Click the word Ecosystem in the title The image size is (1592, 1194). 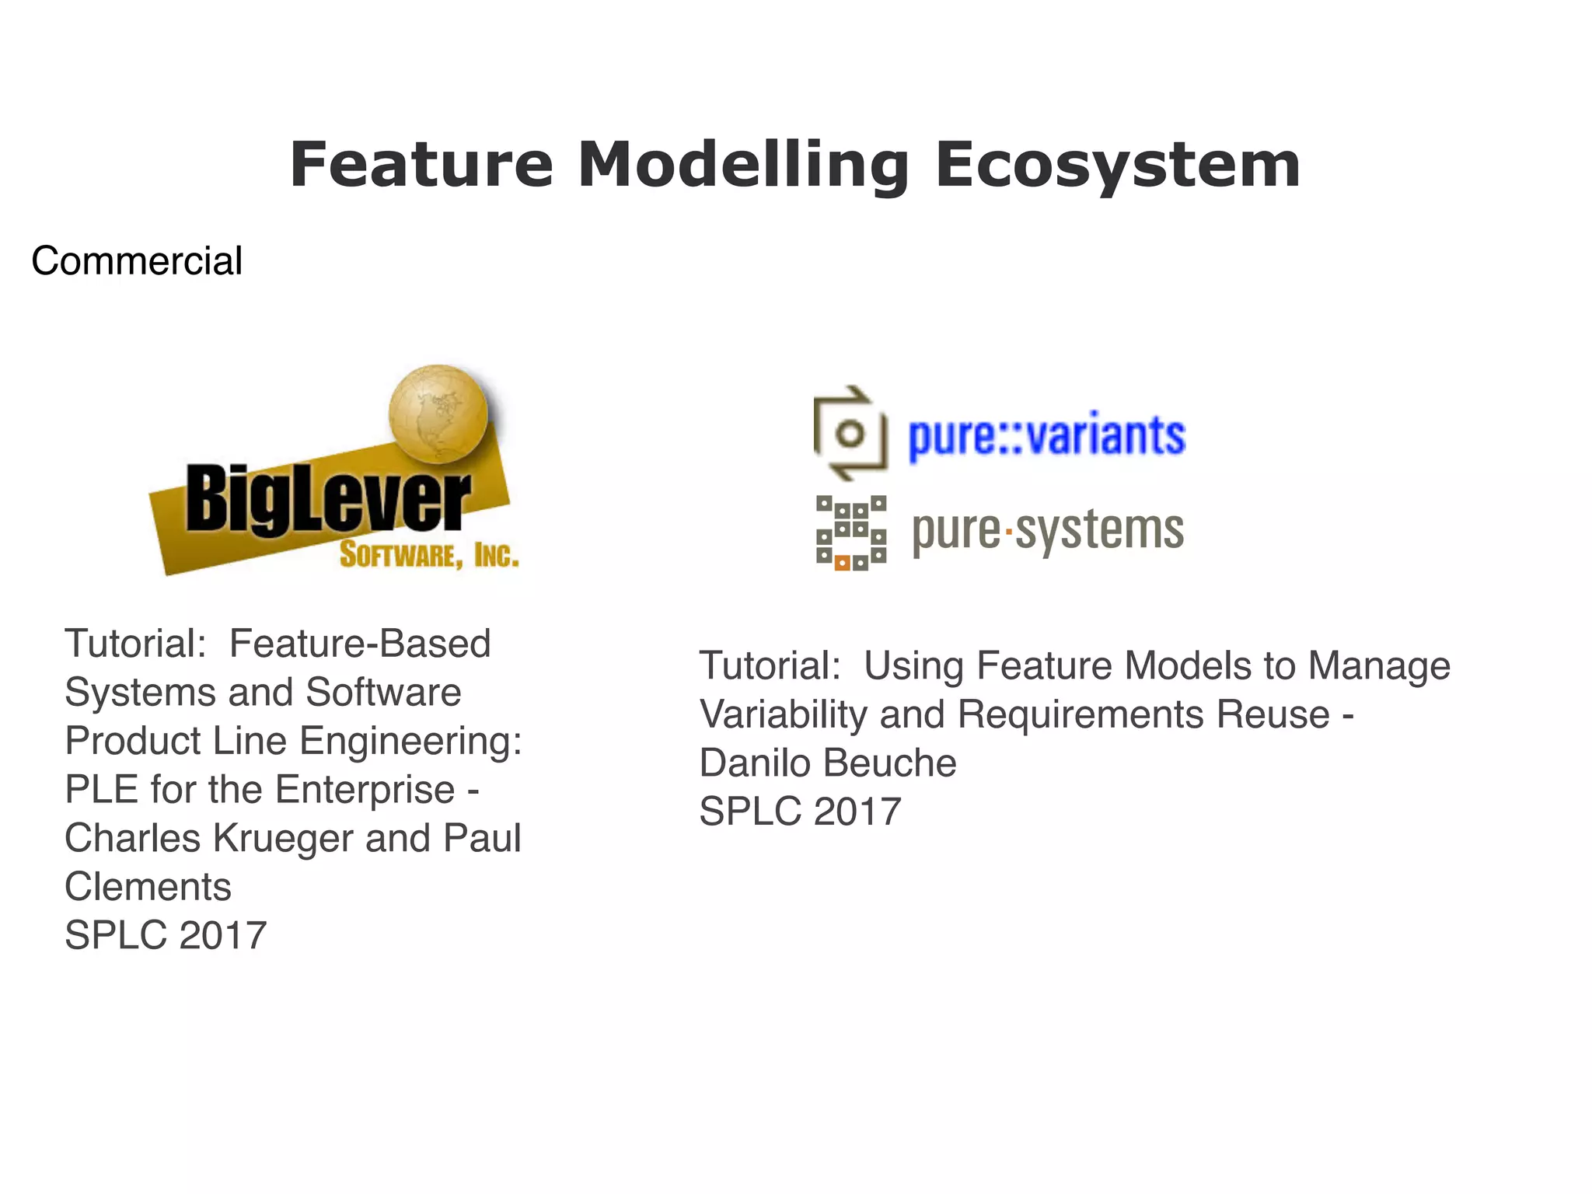point(1117,165)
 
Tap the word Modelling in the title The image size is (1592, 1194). point(742,165)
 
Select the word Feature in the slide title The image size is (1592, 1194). point(421,165)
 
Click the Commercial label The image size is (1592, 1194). point(137,260)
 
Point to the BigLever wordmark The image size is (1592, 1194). point(327,498)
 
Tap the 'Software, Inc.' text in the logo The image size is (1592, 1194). point(428,555)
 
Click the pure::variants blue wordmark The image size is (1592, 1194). point(1046,435)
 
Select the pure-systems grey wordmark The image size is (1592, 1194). point(1047,531)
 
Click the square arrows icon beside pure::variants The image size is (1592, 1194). point(850,433)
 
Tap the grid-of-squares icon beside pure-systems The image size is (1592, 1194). point(850,532)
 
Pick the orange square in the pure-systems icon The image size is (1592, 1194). point(842,564)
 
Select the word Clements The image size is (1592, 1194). point(148,887)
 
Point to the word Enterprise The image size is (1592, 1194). point(365,790)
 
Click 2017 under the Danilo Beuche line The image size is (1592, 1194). point(857,812)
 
